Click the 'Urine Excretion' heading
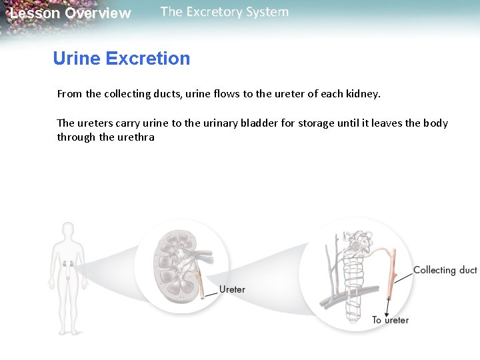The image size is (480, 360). pyautogui.click(x=121, y=59)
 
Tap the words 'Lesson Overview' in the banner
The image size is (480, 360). pyautogui.click(x=71, y=13)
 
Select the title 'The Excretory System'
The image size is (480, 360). pyautogui.click(x=225, y=12)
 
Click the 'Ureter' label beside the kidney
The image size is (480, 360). pyautogui.click(x=232, y=289)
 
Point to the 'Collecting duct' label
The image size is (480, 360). pyautogui.click(x=445, y=270)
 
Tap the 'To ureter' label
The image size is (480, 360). pyautogui.click(x=390, y=320)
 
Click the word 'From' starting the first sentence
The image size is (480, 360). pyautogui.click(x=69, y=94)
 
